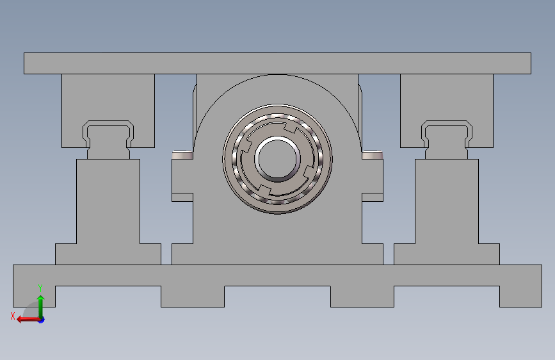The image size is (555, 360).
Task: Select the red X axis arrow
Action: (x=28, y=320)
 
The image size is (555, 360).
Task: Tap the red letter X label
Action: (x=13, y=316)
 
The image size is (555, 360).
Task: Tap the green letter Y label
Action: (x=40, y=288)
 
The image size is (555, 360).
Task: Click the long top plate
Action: (x=277, y=63)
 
